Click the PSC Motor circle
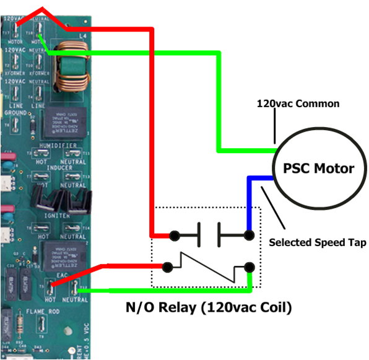point(318,168)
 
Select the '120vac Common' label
point(298,103)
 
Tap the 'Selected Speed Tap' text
point(317,242)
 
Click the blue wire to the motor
point(249,201)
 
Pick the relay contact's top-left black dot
point(175,235)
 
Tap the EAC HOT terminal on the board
point(51,286)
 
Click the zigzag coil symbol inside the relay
point(207,267)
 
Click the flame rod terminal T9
point(41,323)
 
